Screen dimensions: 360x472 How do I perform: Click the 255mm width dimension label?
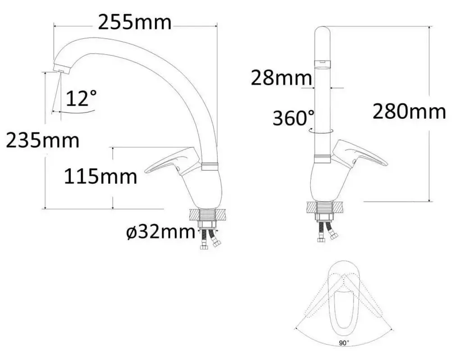point(135,22)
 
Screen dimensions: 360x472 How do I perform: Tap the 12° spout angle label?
point(81,98)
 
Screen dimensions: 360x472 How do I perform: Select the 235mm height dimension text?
point(43,140)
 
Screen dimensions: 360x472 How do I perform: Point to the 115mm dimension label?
point(100,176)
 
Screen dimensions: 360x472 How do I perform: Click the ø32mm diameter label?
point(161,233)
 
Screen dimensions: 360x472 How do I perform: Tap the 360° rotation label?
point(294,118)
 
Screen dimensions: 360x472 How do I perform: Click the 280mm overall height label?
point(409,111)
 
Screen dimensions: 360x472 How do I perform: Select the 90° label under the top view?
point(344,343)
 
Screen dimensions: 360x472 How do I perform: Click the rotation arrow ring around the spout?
point(321,130)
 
